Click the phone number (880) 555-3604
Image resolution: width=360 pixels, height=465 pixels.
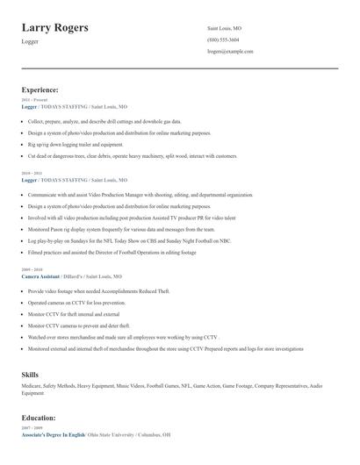point(223,39)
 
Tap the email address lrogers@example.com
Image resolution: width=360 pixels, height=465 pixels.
point(230,51)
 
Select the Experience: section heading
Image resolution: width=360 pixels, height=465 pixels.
point(40,89)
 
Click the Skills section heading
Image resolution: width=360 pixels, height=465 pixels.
point(31,375)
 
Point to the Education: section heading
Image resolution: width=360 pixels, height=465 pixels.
point(38,418)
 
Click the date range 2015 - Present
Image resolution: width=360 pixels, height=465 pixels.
point(34,100)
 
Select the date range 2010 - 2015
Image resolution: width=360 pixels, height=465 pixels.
point(32,174)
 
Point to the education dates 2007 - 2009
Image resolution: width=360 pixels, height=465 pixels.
point(32,428)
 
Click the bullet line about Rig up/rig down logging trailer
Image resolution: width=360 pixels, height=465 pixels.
point(76,144)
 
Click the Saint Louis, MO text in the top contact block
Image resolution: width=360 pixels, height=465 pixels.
point(225,28)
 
